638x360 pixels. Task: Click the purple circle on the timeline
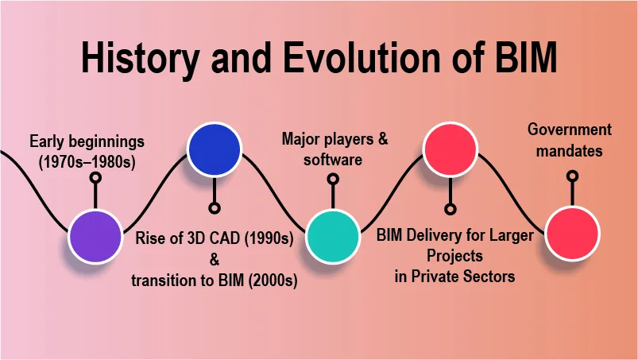95,237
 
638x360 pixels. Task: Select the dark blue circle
215,149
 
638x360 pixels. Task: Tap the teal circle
333,236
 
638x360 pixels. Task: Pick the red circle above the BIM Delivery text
450,149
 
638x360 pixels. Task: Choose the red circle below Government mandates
572,234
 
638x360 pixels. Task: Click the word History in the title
141,57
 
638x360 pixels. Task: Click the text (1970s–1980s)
87,162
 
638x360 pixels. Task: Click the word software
333,160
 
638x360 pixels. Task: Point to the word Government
570,130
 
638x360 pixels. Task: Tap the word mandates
569,151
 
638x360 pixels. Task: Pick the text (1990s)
269,238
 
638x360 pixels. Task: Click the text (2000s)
273,281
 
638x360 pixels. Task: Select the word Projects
455,256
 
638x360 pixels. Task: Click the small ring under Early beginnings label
95,177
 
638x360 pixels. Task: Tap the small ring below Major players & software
333,179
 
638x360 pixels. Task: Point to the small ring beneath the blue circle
215,208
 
